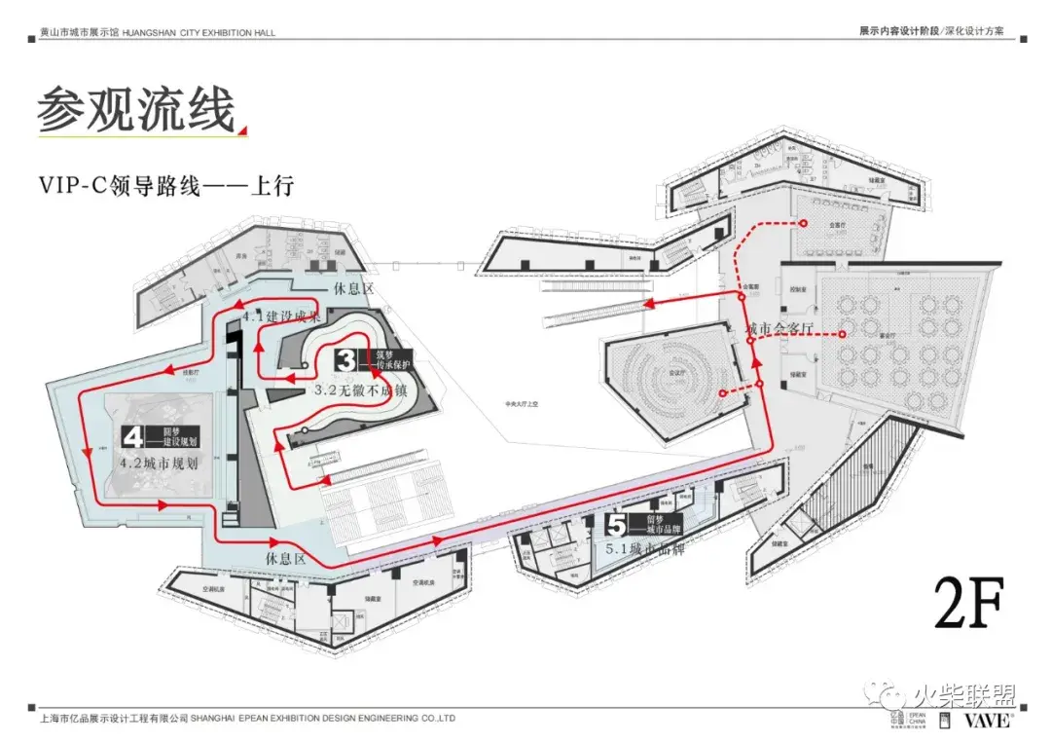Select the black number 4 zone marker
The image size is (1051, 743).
tap(134, 439)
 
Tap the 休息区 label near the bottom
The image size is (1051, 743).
tap(286, 559)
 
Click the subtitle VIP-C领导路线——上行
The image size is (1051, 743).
tap(166, 185)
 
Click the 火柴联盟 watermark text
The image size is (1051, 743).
tap(963, 695)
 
